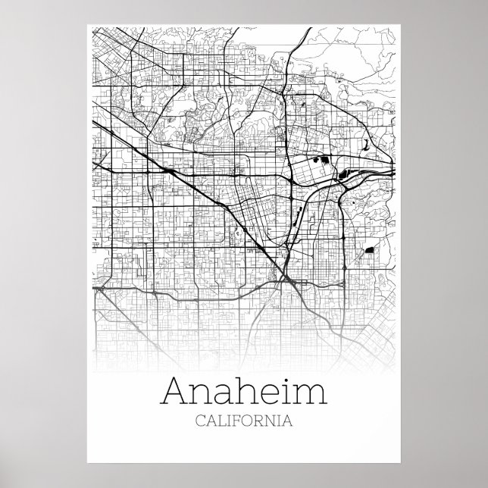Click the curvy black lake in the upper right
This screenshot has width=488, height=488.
(x=365, y=143)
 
